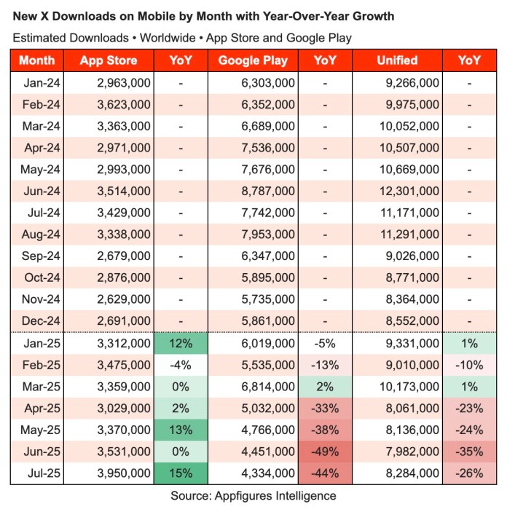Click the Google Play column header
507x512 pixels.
point(253,61)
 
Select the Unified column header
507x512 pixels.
point(398,61)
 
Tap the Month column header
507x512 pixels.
point(36,61)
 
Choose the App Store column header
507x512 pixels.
point(109,61)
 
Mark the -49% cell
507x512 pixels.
point(325,452)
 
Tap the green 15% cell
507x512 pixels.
point(181,473)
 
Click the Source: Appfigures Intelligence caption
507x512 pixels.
point(253,495)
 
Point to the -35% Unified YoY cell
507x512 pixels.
point(470,452)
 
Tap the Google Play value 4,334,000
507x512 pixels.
point(267,473)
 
